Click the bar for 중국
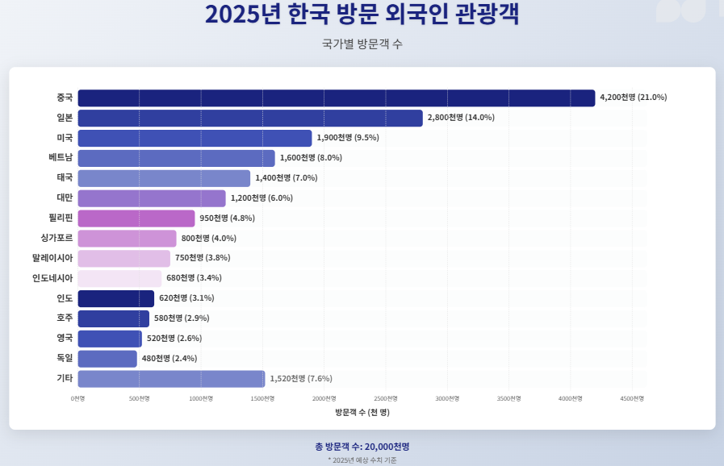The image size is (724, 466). [336, 98]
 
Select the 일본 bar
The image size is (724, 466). [250, 118]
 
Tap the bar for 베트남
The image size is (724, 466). [176, 158]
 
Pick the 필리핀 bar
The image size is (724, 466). [136, 218]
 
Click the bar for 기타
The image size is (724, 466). [171, 379]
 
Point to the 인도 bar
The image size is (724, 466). [116, 298]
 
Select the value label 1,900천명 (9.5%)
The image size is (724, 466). [348, 138]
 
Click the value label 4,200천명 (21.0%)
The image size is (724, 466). [634, 98]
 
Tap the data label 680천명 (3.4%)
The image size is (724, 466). [194, 278]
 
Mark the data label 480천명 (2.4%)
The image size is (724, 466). [169, 359]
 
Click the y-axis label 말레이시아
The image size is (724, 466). [52, 258]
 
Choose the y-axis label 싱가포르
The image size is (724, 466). [56, 239]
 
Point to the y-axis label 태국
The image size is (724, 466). [65, 178]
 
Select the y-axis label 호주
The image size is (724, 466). [65, 318]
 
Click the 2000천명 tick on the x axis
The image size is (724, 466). [324, 398]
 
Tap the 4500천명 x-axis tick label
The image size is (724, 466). [632, 398]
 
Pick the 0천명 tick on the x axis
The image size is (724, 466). [78, 398]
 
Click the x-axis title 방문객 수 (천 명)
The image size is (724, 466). [362, 412]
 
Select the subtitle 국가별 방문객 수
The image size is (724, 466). [362, 44]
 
